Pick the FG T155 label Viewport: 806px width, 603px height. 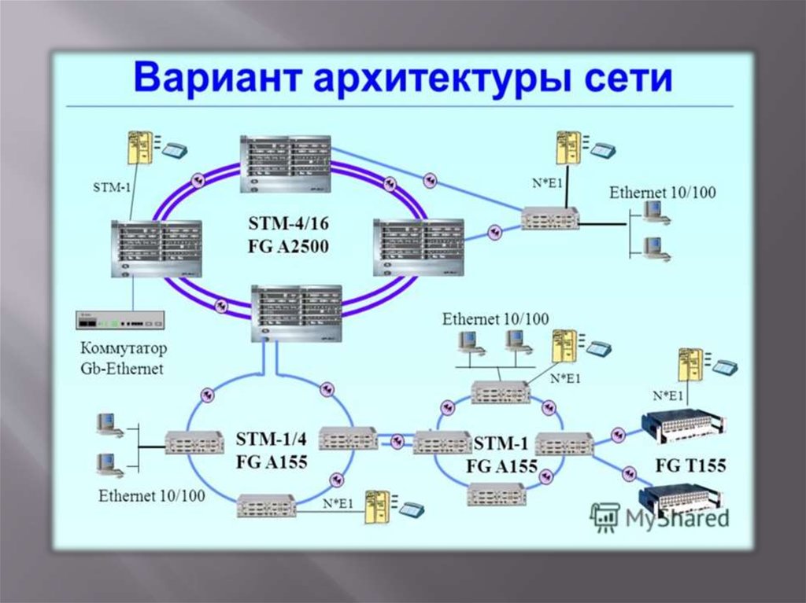point(691,465)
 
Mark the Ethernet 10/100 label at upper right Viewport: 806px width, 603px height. point(663,193)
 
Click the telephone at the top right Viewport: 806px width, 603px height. point(604,149)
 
